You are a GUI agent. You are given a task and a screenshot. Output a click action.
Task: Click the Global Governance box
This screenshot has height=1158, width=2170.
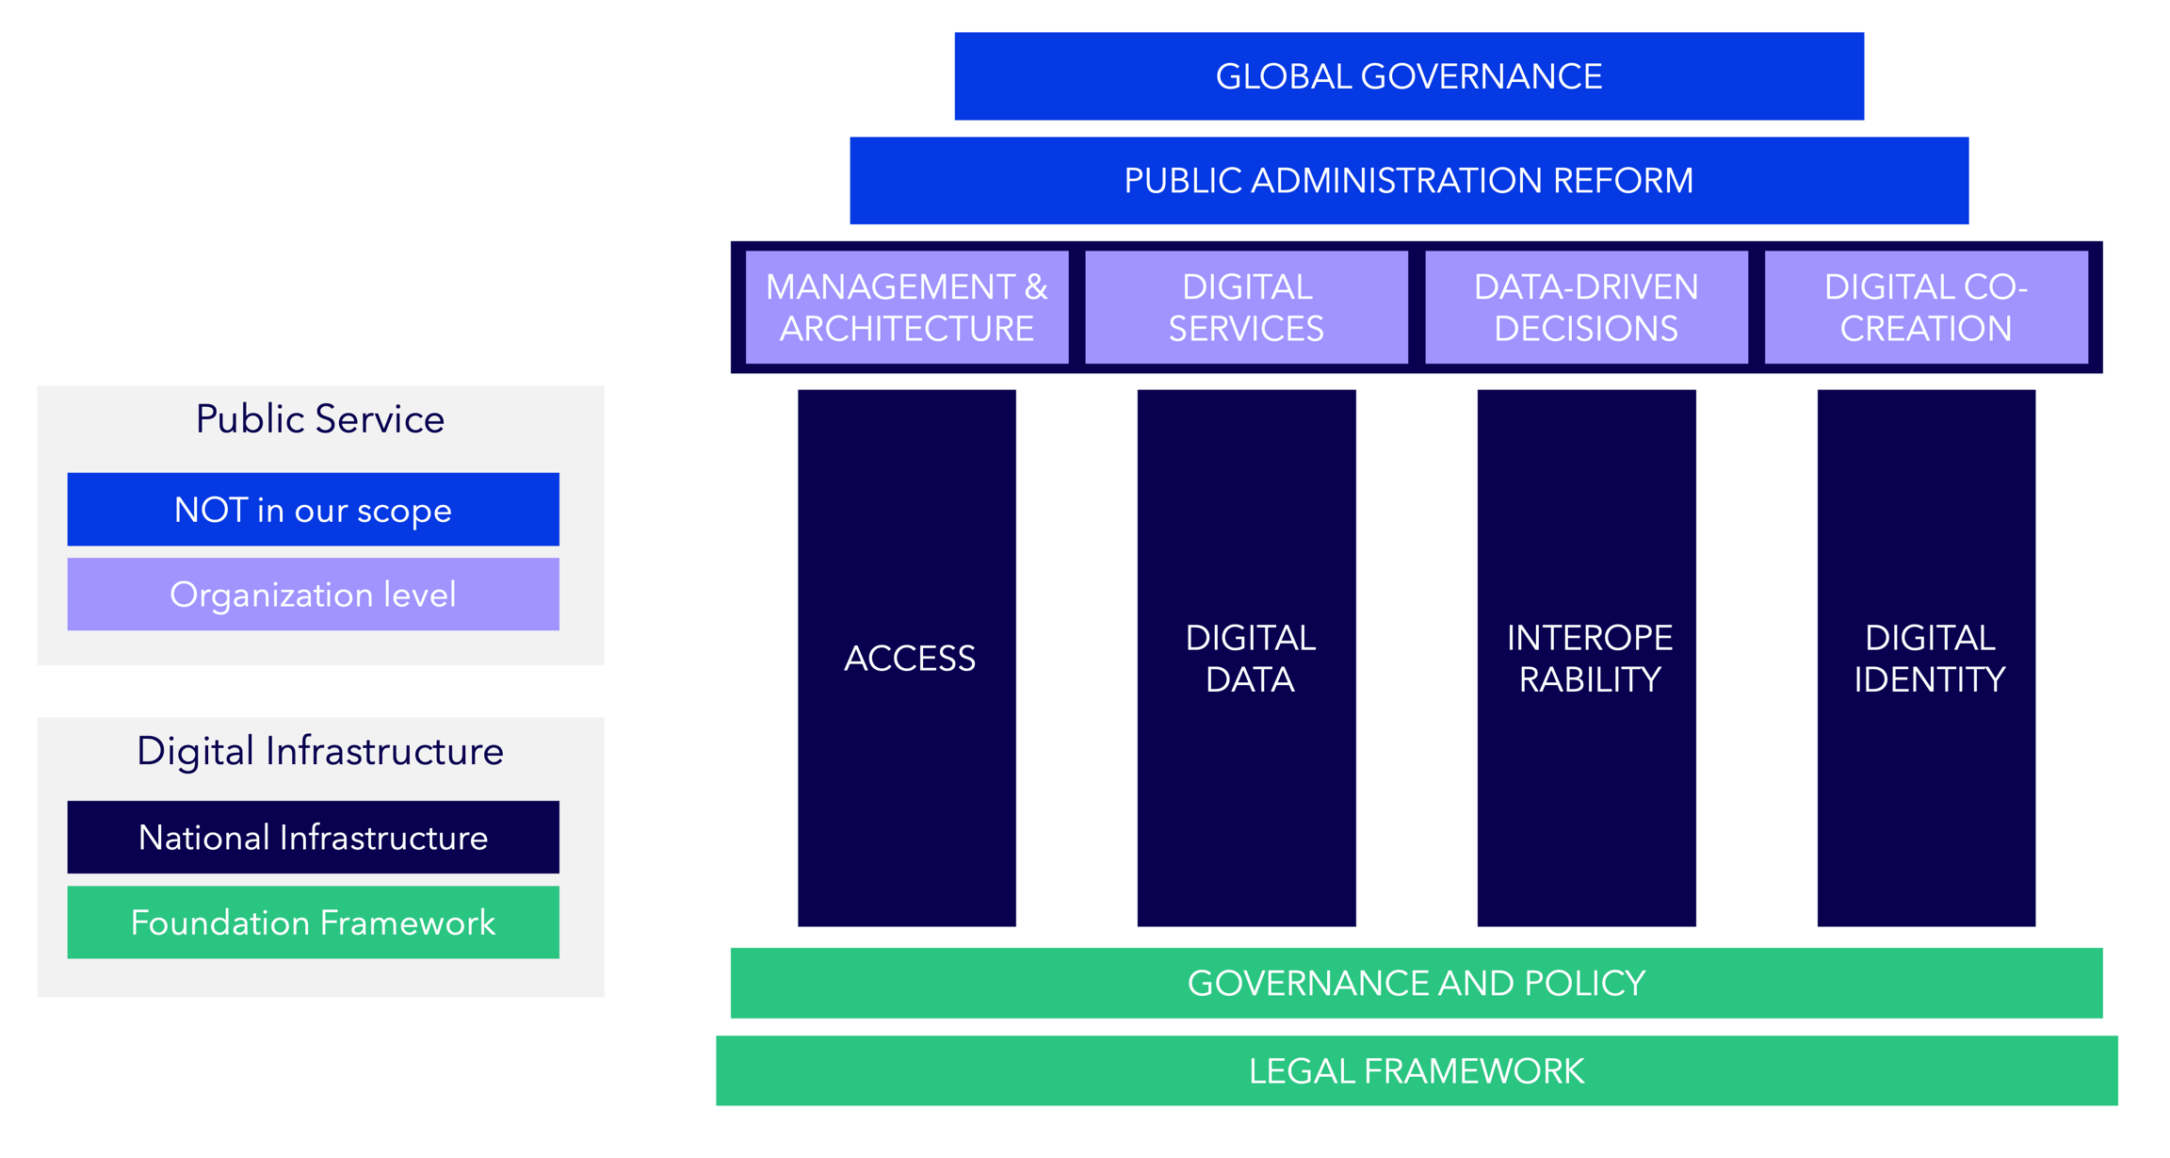[x=1409, y=76]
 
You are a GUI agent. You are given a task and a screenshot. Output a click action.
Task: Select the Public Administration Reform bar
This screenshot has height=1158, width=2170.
[x=1409, y=181]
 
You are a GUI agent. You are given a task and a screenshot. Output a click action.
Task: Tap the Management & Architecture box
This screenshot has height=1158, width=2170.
[x=907, y=307]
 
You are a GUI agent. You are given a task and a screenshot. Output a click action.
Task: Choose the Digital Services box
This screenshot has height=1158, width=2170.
[x=1246, y=307]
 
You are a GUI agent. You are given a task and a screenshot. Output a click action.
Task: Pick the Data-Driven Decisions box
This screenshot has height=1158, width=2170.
[x=1586, y=307]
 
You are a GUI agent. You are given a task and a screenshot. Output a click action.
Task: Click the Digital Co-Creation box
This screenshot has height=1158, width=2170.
[x=1926, y=307]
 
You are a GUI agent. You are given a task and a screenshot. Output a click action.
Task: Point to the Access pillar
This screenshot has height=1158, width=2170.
[x=907, y=658]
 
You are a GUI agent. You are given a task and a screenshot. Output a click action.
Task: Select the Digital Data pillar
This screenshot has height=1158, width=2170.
[x=1246, y=658]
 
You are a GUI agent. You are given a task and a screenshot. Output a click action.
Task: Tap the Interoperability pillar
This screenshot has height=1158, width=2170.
[x=1586, y=658]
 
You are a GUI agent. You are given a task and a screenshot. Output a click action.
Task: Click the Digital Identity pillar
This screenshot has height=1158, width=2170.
[x=1926, y=658]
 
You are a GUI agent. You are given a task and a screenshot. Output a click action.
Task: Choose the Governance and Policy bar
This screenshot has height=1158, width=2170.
[x=1417, y=983]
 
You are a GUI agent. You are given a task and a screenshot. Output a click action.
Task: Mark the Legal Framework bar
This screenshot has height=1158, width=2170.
[x=1417, y=1070]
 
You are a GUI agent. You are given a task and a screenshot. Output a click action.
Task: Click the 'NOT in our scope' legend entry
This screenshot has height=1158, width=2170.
[x=313, y=510]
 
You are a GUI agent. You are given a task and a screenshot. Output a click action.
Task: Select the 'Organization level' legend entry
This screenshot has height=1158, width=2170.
[x=313, y=595]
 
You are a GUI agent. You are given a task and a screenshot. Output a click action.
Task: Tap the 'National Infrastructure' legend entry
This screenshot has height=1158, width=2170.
[x=313, y=838]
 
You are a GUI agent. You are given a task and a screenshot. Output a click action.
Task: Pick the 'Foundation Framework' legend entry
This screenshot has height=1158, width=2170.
[x=313, y=922]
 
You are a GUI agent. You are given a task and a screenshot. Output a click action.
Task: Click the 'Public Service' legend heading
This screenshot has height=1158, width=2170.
[x=320, y=419]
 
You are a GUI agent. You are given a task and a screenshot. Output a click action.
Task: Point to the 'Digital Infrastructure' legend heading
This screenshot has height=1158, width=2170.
[x=320, y=751]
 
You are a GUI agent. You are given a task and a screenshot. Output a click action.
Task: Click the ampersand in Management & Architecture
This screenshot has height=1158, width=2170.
[x=1036, y=287]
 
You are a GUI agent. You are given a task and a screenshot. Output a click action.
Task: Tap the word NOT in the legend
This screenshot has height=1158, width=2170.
[x=211, y=510]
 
